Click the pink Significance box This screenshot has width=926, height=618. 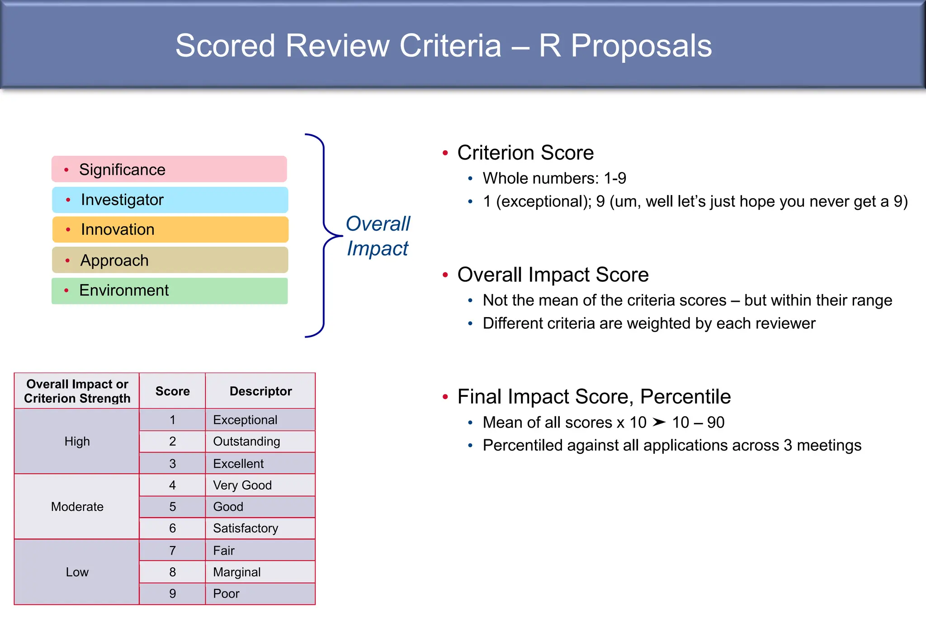click(169, 169)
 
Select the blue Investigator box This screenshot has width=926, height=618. click(170, 200)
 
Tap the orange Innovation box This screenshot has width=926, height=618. click(170, 229)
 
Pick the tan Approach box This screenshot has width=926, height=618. click(170, 260)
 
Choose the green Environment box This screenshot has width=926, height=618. click(170, 290)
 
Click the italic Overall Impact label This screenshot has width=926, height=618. click(378, 236)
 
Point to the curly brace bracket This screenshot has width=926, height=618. click(323, 235)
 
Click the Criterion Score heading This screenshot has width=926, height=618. click(525, 152)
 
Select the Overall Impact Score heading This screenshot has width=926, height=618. click(553, 275)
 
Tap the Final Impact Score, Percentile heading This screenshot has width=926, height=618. click(594, 396)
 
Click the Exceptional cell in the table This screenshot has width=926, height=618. click(260, 420)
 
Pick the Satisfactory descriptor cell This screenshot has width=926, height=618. click(260, 528)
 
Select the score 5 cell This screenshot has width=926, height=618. click(172, 507)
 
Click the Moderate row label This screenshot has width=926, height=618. click(77, 507)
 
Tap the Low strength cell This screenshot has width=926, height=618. click(77, 572)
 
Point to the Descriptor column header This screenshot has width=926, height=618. click(260, 391)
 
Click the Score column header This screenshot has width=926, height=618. click(172, 391)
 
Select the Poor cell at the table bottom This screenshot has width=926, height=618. click(260, 594)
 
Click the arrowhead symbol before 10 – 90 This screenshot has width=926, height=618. click(659, 422)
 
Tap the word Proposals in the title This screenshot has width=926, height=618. click(641, 46)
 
